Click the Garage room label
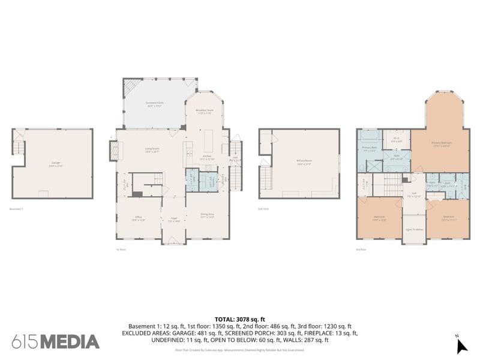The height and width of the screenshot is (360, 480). pyautogui.click(x=54, y=163)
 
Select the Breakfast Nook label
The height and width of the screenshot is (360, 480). pyautogui.click(x=205, y=111)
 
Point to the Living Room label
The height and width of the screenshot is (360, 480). pyautogui.click(x=152, y=150)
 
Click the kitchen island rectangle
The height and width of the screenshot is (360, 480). pyautogui.click(x=210, y=143)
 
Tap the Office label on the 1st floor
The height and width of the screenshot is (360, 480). pyautogui.click(x=137, y=218)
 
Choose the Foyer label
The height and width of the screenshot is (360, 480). pyautogui.click(x=174, y=219)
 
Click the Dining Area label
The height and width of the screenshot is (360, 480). pyautogui.click(x=207, y=215)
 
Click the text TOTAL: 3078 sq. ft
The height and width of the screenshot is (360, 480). pyautogui.click(x=239, y=319)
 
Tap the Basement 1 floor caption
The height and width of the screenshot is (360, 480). pyautogui.click(x=16, y=209)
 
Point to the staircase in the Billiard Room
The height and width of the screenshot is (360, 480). pyautogui.click(x=266, y=178)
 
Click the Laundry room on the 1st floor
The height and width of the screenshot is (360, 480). pyautogui.click(x=192, y=178)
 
